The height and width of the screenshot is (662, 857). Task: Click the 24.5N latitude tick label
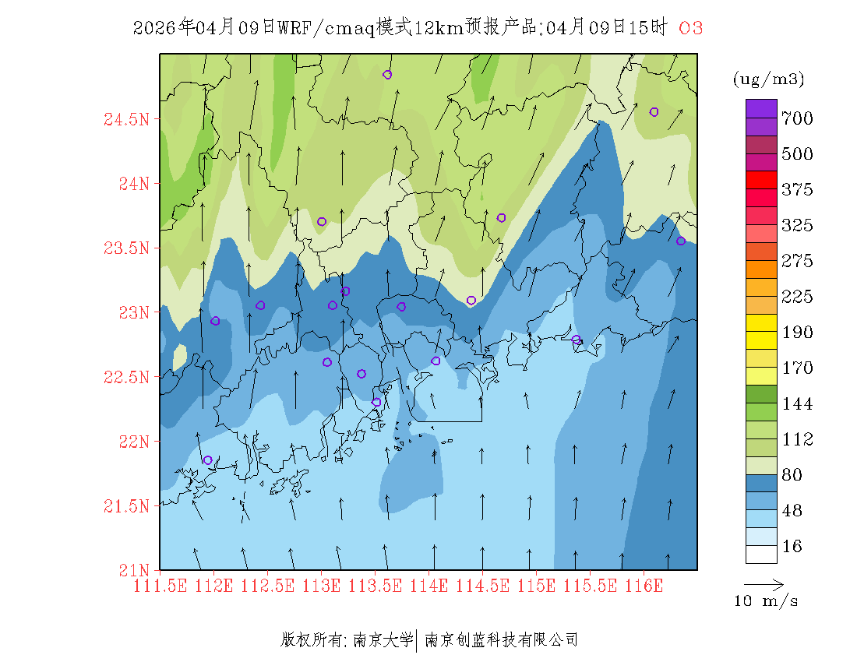(x=126, y=120)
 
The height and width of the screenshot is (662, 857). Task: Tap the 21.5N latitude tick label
(x=126, y=507)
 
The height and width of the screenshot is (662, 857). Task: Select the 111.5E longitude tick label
(x=160, y=586)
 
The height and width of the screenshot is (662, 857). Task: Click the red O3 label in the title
(x=691, y=28)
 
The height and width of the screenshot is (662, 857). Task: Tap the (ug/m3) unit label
(x=768, y=79)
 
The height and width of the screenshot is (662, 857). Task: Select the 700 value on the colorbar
(x=797, y=118)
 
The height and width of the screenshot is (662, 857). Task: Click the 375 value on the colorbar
(x=797, y=190)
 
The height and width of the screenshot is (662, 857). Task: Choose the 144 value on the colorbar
(x=797, y=404)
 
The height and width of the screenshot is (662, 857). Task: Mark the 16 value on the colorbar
(x=792, y=547)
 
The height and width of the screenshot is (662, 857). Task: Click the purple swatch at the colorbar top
(x=761, y=108)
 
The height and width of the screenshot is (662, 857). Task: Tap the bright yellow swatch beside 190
(x=761, y=322)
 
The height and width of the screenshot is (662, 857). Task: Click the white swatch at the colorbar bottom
(x=761, y=554)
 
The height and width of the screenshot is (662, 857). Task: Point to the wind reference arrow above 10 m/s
(x=764, y=583)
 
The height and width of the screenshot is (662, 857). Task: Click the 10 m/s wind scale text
(x=766, y=601)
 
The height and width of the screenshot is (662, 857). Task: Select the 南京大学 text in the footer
(x=383, y=640)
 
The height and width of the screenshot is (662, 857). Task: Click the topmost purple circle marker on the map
(x=387, y=75)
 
